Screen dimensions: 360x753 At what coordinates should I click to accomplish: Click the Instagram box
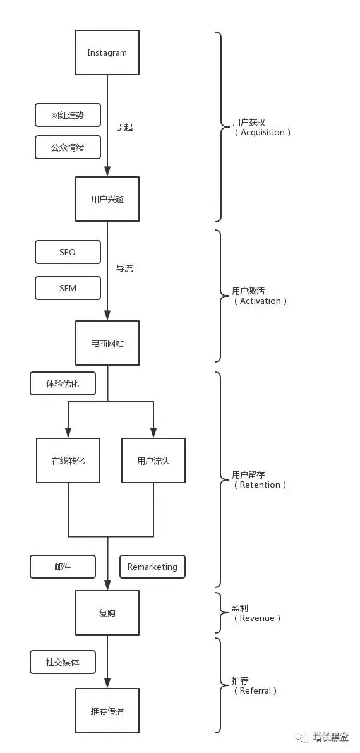107,52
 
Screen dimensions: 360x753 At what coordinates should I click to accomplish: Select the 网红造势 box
68,115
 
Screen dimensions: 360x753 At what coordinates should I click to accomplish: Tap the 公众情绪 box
68,147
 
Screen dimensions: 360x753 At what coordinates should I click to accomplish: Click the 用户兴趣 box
107,199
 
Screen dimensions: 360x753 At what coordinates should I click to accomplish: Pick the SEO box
68,252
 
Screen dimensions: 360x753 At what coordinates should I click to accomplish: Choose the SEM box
68,288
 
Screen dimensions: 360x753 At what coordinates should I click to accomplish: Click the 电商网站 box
107,344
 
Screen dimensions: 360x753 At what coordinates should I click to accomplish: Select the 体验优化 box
63,383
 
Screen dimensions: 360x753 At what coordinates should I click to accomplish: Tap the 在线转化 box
68,461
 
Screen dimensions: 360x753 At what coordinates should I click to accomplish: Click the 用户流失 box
153,461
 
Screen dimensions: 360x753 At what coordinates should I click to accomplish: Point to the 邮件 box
63,567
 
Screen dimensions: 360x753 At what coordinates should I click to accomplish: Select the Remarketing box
152,567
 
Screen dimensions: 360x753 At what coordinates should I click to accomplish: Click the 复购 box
107,613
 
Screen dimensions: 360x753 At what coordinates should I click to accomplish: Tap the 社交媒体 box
63,662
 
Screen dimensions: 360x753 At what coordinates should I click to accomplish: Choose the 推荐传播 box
107,711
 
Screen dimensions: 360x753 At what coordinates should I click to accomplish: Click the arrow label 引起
124,127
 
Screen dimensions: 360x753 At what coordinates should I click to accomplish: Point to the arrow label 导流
124,268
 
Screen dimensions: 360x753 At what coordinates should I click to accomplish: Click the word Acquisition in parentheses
263,132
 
